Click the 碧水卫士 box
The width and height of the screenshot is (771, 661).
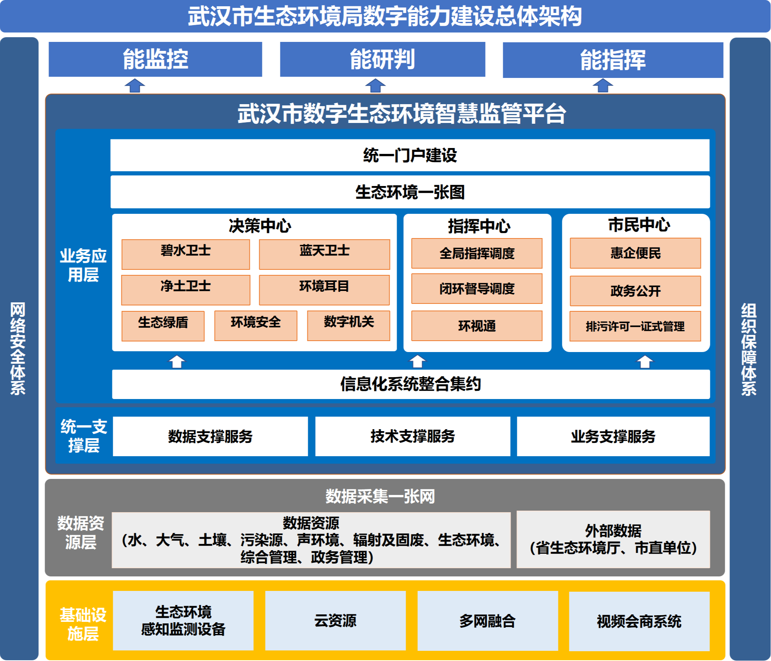186,255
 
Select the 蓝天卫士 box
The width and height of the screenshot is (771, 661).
324,255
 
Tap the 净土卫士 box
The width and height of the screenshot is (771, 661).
186,290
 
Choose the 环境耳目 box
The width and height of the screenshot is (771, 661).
324,290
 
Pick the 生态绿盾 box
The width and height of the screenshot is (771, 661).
163,326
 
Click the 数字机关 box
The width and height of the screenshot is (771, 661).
348,326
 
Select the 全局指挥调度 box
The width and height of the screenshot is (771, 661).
477,253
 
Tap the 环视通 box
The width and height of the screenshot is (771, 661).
477,326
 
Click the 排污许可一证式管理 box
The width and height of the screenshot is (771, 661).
635,326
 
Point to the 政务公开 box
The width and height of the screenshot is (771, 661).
635,291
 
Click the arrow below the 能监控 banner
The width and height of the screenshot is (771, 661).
135,85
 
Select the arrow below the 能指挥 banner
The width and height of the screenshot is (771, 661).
603,85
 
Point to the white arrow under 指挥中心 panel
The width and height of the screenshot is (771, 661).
417,361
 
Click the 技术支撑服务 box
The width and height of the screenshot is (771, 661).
413,436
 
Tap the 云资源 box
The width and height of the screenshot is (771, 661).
335,621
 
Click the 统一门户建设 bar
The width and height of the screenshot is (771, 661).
410,155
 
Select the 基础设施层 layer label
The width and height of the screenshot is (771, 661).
83,624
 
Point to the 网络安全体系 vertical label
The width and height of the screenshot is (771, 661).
18,349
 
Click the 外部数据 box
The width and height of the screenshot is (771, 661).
613,539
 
